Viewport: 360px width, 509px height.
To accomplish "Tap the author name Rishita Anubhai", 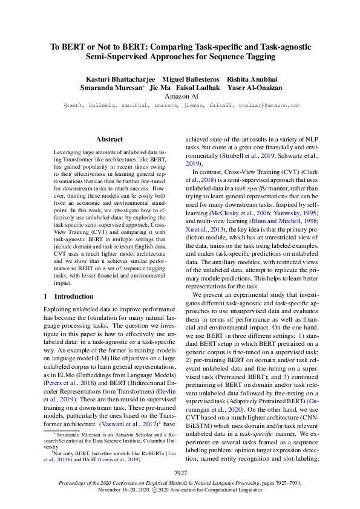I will click(x=252, y=79).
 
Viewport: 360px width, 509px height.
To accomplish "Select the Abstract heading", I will click(x=110, y=139).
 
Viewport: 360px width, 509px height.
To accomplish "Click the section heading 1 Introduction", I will click(x=68, y=297).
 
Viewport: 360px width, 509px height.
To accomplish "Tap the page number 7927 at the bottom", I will click(x=180, y=472).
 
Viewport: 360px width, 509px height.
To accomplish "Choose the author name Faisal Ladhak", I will click(x=198, y=88).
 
